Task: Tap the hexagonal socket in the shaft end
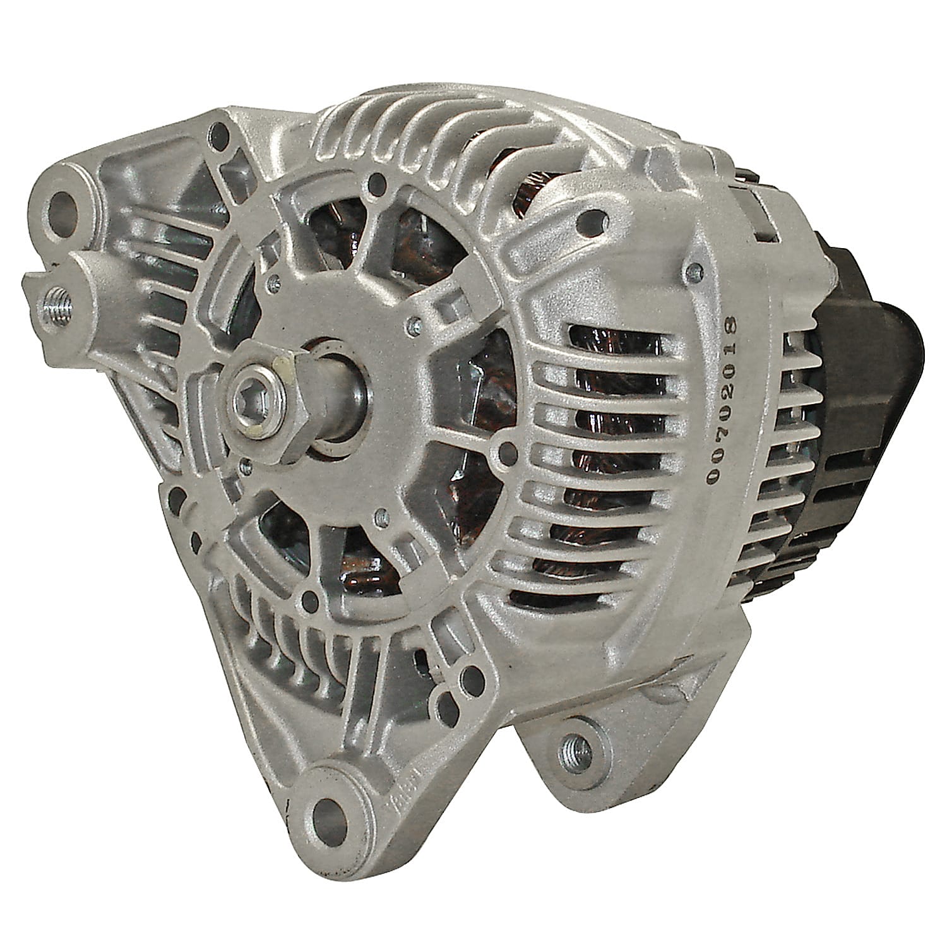250,400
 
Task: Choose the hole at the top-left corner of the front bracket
219,133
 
